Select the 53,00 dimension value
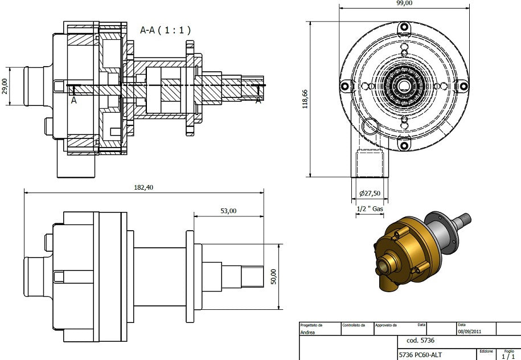[228, 211]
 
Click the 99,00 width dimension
[404, 3]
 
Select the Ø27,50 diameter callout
[369, 194]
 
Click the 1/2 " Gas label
[370, 209]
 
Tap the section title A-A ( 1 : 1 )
[165, 30]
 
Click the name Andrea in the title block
[309, 331]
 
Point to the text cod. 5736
[420, 341]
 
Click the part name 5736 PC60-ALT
[420, 354]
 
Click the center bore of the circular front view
[404, 85]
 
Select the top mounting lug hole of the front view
[404, 26]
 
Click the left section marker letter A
[74, 100]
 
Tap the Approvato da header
[386, 325]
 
